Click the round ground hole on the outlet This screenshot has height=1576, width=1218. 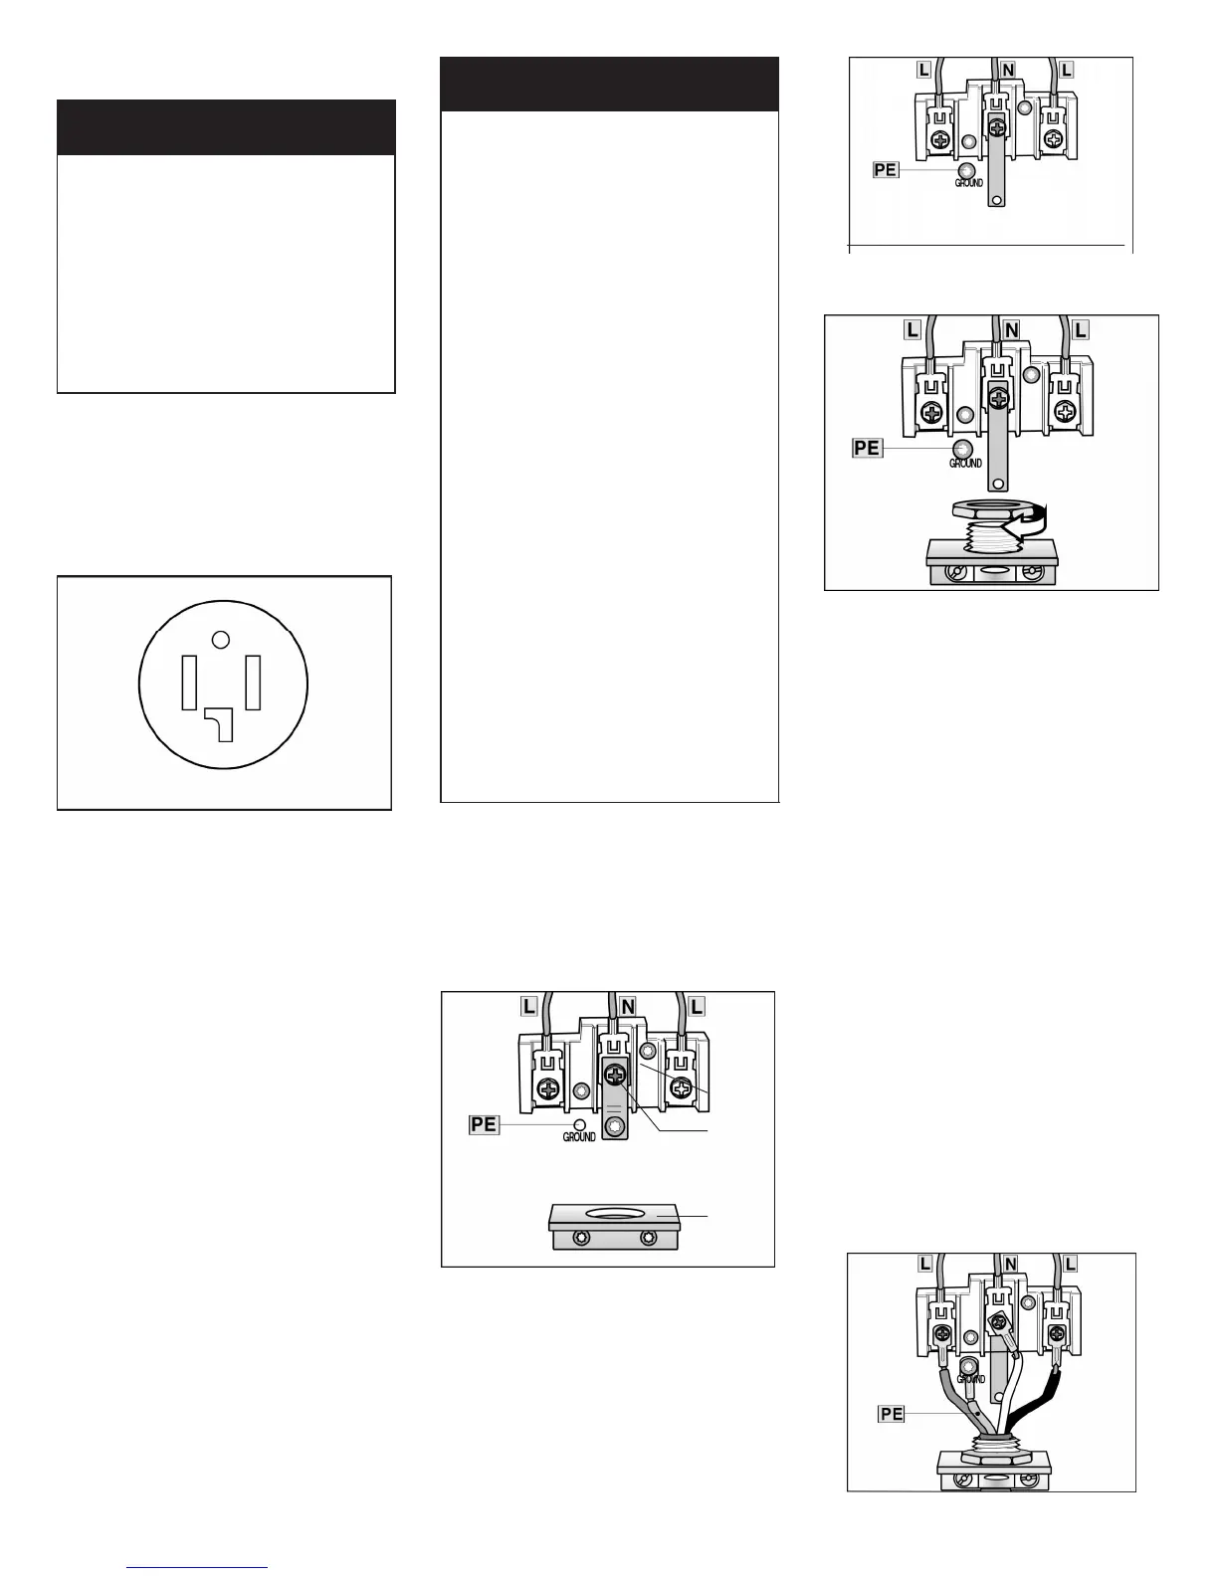click(x=221, y=640)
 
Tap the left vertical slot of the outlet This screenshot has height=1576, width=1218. click(x=189, y=683)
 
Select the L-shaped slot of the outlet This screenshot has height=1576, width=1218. click(x=220, y=724)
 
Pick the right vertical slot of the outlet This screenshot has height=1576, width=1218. click(x=253, y=683)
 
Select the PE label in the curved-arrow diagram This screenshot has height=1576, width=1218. click(x=867, y=448)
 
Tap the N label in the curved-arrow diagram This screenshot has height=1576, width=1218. click(x=1011, y=330)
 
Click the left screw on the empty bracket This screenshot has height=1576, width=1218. click(x=581, y=1238)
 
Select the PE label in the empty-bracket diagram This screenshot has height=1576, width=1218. click(x=484, y=1125)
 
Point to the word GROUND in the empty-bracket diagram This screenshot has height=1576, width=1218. click(x=579, y=1137)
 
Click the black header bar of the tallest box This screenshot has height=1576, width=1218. click(x=609, y=85)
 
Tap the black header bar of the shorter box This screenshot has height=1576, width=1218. click(x=226, y=127)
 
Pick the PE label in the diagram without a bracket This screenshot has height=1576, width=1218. click(x=886, y=170)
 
